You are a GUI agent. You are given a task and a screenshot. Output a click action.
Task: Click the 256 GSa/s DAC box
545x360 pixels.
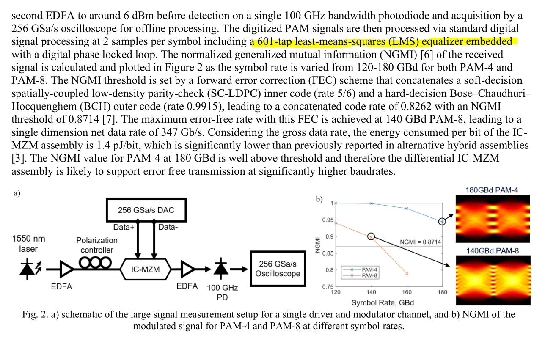click(146, 210)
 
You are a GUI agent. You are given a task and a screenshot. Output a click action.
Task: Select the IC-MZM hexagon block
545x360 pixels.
click(146, 269)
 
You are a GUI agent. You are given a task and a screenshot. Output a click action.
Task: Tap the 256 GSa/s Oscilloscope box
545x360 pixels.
click(278, 269)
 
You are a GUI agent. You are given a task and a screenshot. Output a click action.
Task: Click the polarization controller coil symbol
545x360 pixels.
click(95, 263)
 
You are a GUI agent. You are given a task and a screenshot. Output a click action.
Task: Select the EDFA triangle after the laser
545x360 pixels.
click(66, 269)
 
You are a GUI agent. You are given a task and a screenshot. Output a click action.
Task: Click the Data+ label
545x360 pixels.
click(123, 227)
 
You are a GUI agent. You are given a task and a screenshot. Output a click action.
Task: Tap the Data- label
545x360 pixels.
click(168, 227)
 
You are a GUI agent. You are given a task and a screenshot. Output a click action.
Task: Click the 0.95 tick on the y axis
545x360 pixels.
click(327, 220)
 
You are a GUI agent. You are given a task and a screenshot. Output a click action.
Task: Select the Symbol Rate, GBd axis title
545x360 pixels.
click(382, 302)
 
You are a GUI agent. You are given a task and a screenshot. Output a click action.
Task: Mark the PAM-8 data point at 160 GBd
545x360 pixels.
click(407, 274)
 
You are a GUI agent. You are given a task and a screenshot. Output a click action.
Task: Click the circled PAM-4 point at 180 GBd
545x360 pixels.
click(442, 221)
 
